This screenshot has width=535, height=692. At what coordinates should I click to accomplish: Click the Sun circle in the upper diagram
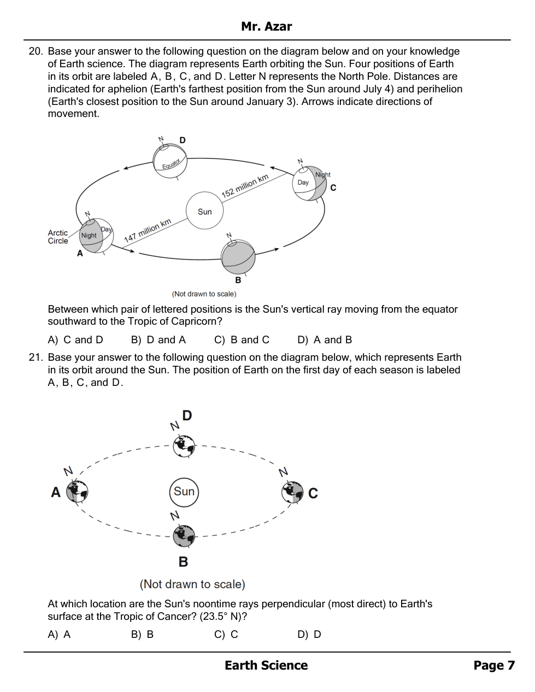coord(204,211)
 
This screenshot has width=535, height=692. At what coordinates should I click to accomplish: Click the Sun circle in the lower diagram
coord(184,491)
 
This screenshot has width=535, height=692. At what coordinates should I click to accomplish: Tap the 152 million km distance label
coord(245,186)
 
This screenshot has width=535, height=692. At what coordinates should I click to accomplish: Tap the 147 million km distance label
coord(148,230)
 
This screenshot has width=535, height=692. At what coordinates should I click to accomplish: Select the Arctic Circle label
coord(58,237)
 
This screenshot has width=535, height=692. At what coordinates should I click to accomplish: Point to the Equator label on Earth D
coord(171,164)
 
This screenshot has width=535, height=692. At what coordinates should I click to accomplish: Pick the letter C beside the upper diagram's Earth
coord(333,187)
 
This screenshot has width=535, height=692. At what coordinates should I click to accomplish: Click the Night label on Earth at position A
coord(89,236)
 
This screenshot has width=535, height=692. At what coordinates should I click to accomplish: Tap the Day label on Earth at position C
coord(303,183)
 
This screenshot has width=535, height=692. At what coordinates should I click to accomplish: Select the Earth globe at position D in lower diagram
coord(184,445)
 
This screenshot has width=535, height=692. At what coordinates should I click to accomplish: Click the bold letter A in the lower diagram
coord(55,492)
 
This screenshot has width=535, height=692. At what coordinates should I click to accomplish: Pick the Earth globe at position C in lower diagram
coord(292,492)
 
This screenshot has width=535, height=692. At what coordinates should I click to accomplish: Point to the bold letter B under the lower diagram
coord(184,561)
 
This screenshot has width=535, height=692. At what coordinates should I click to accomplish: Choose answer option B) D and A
coord(158,340)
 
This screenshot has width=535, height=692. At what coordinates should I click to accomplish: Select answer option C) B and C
coord(242,340)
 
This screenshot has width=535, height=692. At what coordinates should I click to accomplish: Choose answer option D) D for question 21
coord(309,635)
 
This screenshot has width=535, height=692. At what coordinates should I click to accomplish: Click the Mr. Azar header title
coord(267,26)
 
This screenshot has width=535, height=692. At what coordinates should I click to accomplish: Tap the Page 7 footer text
coord(494,665)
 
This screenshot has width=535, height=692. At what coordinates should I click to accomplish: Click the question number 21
coord(36,357)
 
